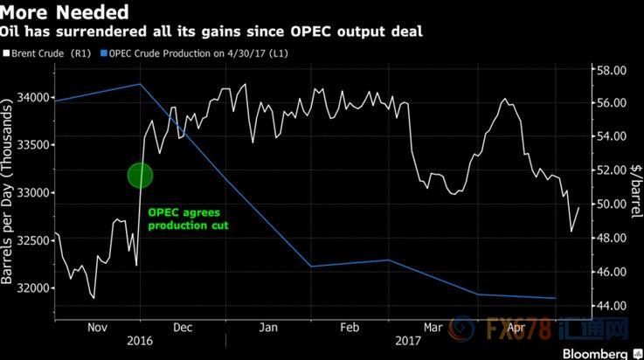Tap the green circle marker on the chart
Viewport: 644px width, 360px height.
point(140,175)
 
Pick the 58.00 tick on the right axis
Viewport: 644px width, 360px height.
point(609,69)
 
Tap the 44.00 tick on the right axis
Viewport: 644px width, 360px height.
point(609,305)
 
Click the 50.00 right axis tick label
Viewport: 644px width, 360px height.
point(609,204)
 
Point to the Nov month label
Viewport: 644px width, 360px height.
point(98,329)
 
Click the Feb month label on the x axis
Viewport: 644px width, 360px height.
point(350,329)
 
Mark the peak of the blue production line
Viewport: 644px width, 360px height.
point(140,84)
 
